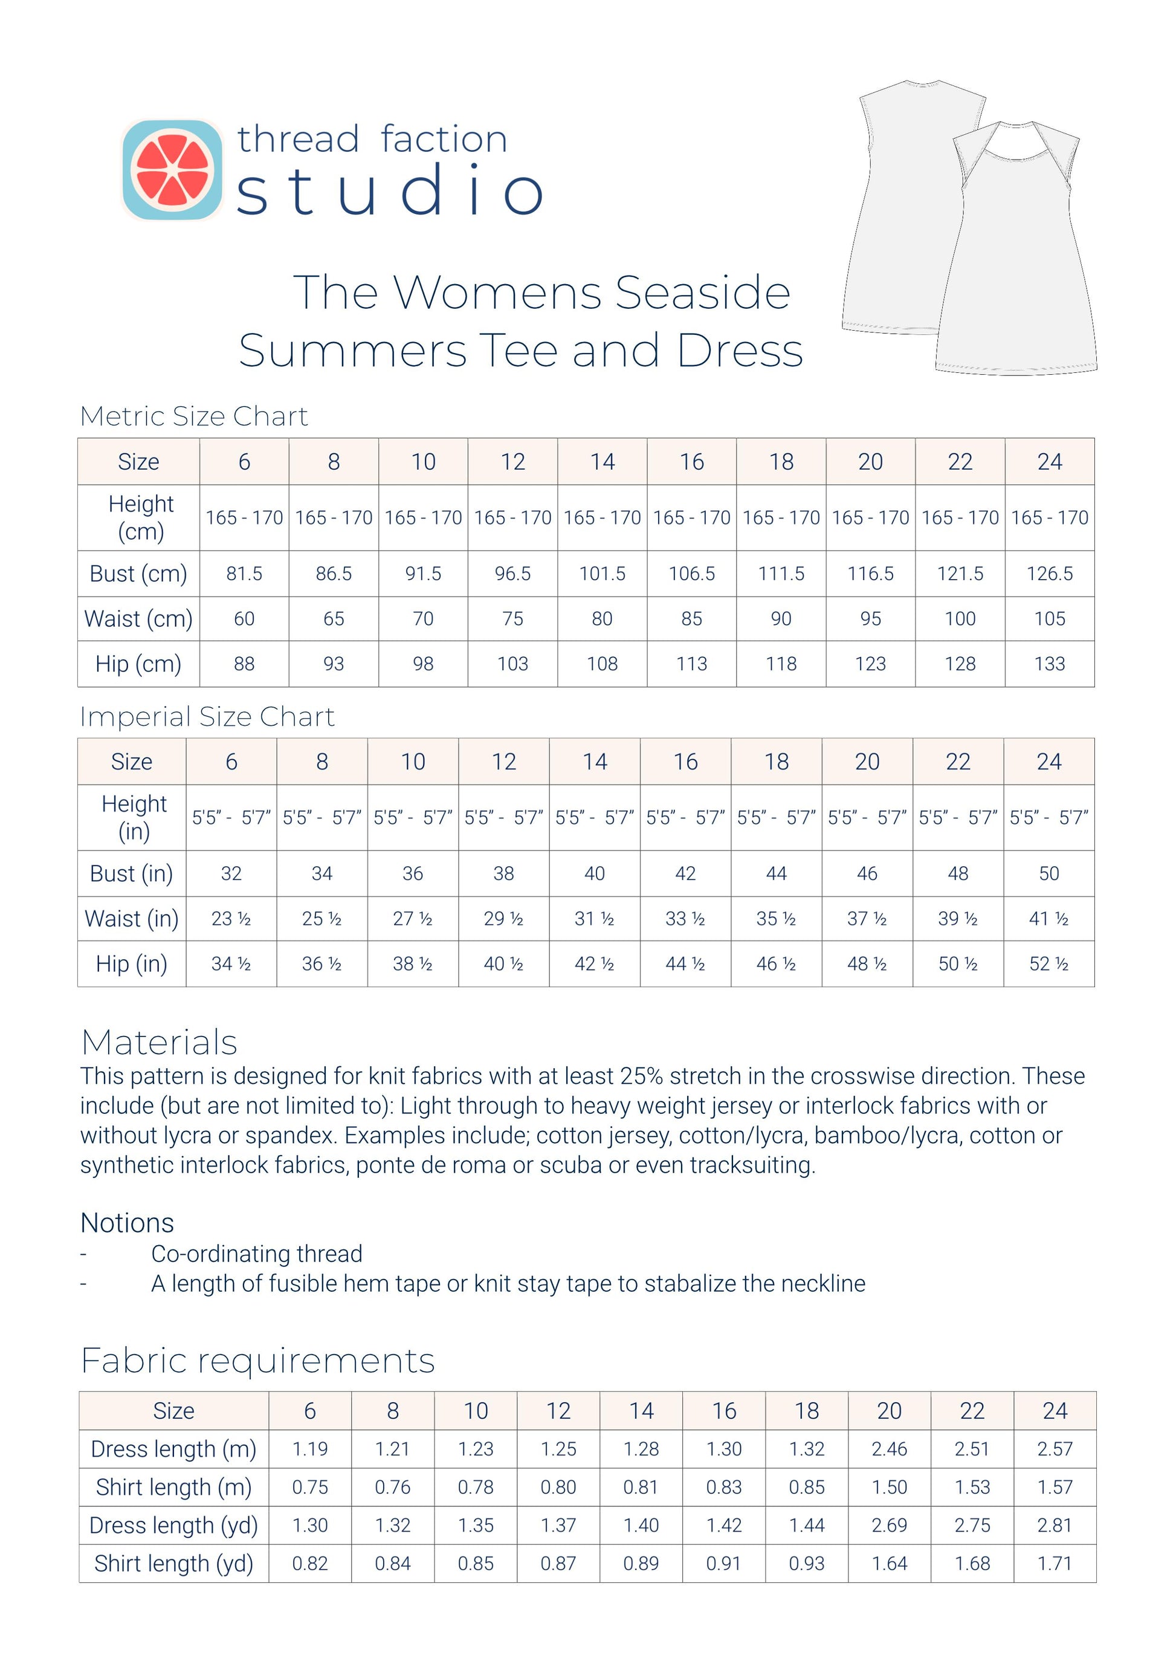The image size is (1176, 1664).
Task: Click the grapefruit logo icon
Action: (x=172, y=170)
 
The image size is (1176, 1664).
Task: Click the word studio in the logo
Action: (x=389, y=190)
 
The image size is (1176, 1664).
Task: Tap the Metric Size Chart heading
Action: (x=193, y=416)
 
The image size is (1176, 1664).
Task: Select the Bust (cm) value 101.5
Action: (x=602, y=574)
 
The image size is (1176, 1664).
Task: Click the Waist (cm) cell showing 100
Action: (x=960, y=619)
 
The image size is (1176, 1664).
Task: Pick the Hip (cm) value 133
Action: (x=1049, y=664)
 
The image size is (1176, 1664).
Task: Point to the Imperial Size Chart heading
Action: (x=207, y=717)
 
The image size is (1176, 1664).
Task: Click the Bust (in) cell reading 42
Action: (x=685, y=874)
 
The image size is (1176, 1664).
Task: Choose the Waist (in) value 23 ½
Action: (x=231, y=919)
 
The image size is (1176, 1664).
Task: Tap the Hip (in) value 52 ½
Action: (x=1048, y=964)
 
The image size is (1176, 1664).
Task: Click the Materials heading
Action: (x=160, y=1042)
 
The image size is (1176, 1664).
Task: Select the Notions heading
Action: (x=128, y=1223)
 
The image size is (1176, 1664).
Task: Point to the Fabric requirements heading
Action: (x=257, y=1361)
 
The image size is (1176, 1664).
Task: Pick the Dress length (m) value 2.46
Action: (x=889, y=1449)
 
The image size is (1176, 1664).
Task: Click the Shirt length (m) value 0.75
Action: (x=310, y=1487)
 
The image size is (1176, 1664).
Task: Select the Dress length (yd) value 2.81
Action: (x=1055, y=1525)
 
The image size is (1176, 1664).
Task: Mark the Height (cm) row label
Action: (x=141, y=517)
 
